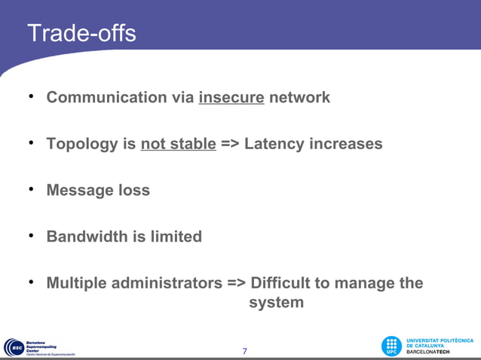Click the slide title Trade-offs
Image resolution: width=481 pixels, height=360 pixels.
tap(81, 33)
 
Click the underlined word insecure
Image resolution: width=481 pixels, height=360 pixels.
tap(231, 97)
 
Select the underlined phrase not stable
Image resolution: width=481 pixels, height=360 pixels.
tap(178, 144)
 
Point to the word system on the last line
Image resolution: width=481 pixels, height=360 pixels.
tap(277, 303)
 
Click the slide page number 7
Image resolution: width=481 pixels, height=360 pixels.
tap(244, 351)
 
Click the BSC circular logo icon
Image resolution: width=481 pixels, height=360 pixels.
tap(13, 347)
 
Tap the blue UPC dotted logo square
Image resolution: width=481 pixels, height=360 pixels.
tap(391, 346)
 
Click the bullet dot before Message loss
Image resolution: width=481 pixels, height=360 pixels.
tap(31, 189)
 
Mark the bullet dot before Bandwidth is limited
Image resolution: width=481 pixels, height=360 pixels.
tap(31, 235)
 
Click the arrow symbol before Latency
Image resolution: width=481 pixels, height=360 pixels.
tap(230, 144)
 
